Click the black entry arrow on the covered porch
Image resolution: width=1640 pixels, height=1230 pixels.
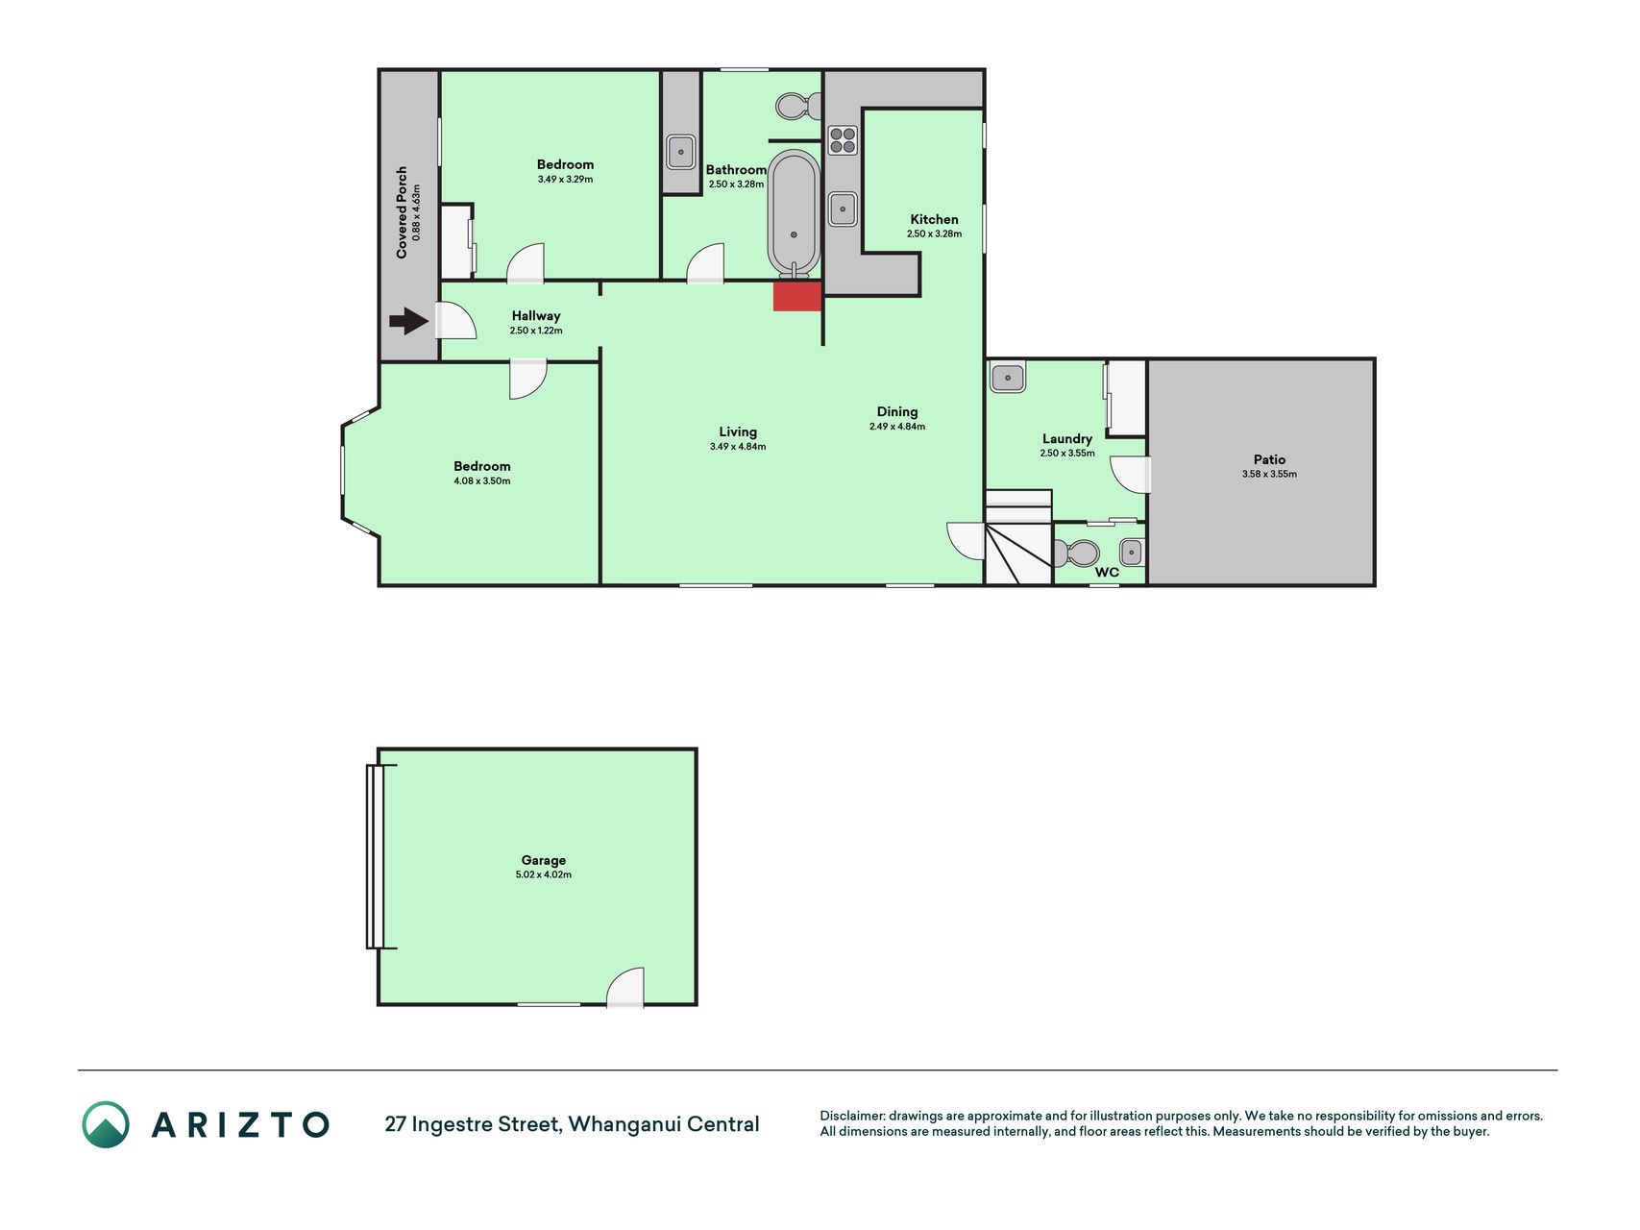(x=408, y=321)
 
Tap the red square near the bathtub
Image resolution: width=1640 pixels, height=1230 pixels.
(x=797, y=296)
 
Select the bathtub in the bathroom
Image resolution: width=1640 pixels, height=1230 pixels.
(x=794, y=214)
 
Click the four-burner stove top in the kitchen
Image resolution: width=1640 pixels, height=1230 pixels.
(x=843, y=140)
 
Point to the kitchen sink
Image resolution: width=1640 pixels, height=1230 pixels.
(x=843, y=209)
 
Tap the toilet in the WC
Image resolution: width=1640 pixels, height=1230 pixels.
(x=1077, y=553)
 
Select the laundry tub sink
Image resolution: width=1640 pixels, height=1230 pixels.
(x=1008, y=377)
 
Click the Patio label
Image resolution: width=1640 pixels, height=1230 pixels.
(x=1269, y=459)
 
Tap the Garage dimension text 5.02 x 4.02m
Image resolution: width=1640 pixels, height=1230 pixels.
(x=544, y=874)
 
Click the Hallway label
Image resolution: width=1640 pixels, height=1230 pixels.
(x=536, y=315)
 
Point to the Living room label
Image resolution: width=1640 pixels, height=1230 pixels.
(x=738, y=431)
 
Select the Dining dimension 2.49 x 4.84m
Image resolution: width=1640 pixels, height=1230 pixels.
(x=897, y=427)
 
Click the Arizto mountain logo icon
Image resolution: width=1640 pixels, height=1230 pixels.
(x=106, y=1124)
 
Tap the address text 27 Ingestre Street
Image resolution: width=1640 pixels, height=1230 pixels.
(x=473, y=1124)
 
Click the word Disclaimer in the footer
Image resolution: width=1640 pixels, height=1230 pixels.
(x=850, y=1116)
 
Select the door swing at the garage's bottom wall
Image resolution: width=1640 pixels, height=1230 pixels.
(x=625, y=988)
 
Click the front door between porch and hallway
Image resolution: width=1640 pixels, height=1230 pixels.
(x=455, y=321)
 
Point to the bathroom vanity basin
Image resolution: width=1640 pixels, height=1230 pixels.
(x=681, y=152)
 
